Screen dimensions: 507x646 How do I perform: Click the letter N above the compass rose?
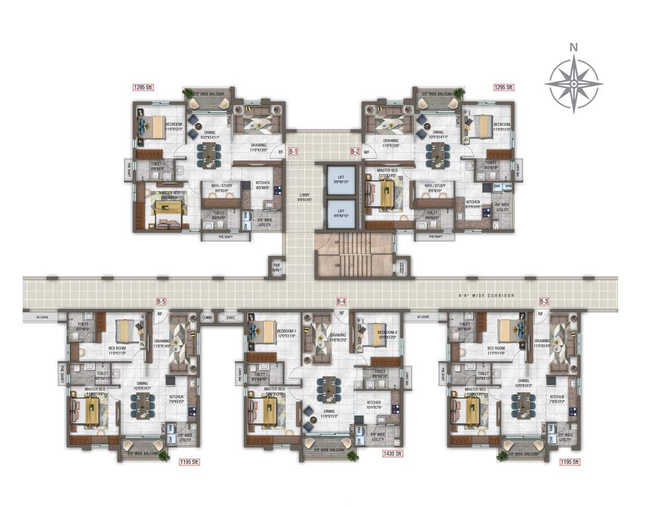point(574,47)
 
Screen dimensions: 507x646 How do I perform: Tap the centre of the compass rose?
point(574,84)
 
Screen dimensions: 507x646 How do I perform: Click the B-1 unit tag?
point(294,151)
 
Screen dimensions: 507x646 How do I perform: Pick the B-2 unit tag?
point(355,151)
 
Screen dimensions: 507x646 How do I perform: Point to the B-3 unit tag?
point(544,302)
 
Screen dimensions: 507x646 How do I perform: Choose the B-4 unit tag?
point(341,302)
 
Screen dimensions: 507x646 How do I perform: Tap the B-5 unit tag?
point(161,302)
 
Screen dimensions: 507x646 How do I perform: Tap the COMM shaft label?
point(208,317)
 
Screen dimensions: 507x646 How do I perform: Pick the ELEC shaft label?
point(230,317)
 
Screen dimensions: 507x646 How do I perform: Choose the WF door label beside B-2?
point(367,152)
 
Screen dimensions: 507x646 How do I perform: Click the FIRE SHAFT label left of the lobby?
point(277,267)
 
